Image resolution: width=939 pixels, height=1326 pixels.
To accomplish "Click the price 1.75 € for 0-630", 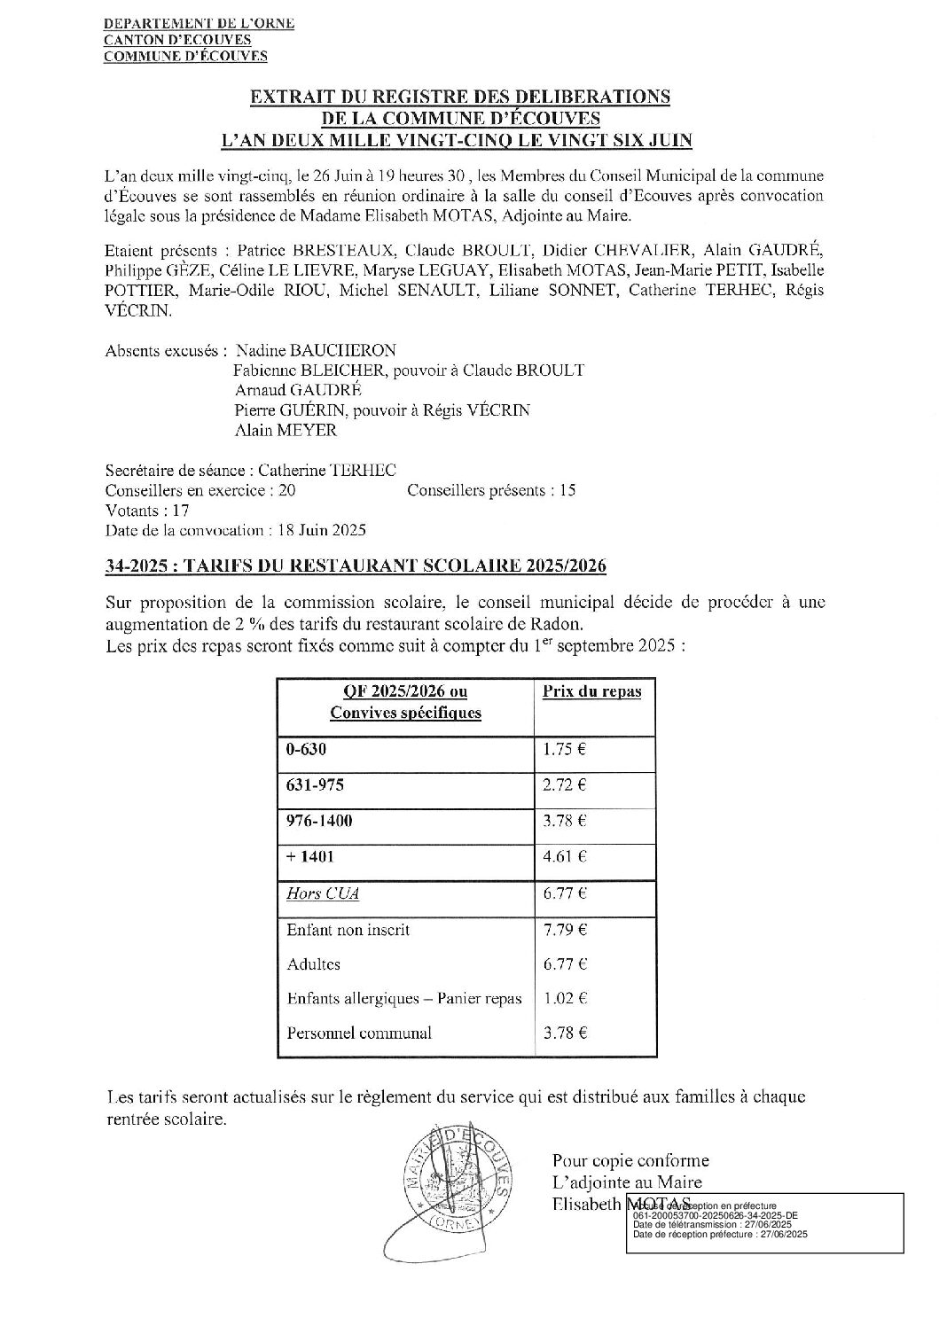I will tap(564, 748).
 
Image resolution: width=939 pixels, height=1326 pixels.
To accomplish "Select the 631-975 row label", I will tap(315, 784).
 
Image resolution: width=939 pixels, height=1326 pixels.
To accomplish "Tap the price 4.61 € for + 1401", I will tap(564, 856).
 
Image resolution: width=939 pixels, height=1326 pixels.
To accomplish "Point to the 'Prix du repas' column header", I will tap(591, 691).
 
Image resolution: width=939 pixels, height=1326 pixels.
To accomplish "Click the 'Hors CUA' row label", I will tap(322, 893).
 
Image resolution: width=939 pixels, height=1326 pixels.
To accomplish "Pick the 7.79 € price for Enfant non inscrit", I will tap(564, 930).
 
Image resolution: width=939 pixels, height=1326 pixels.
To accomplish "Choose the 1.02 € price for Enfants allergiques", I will tap(564, 998).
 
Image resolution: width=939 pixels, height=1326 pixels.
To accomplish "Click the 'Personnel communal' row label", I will tap(359, 1033).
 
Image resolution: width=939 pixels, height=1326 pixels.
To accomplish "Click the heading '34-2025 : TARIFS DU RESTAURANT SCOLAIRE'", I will tap(356, 565).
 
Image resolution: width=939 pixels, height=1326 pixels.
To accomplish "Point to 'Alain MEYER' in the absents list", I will tap(286, 431).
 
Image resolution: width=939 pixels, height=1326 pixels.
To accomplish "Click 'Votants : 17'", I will tap(147, 511).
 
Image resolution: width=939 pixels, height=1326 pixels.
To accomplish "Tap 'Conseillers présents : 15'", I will tap(491, 490).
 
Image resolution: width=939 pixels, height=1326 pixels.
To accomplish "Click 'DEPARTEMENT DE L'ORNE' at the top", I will tap(200, 24).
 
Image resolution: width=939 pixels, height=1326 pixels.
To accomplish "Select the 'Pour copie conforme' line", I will tap(630, 1160).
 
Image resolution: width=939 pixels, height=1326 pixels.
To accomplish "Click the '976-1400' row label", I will tap(319, 821).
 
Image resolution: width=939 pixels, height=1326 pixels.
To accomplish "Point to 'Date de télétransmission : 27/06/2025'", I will tap(719, 1225).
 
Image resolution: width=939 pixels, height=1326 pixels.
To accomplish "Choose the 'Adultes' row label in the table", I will tap(314, 963).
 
